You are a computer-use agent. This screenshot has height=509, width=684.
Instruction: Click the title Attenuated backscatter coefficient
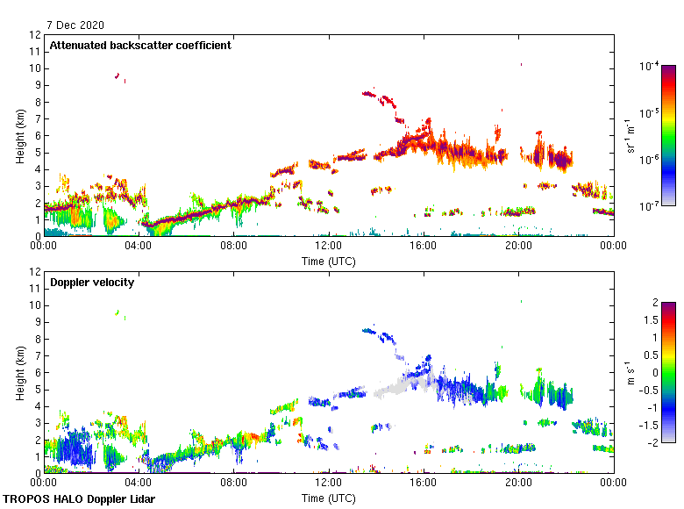point(140,46)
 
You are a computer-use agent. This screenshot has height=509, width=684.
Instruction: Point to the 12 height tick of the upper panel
point(36,35)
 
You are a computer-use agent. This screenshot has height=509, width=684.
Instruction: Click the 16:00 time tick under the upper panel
point(424,246)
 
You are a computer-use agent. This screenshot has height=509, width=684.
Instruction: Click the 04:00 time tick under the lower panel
point(139,482)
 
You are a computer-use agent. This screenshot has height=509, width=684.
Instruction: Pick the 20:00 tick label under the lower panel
point(518,482)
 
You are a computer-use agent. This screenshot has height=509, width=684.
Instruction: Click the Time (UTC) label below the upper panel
point(329,262)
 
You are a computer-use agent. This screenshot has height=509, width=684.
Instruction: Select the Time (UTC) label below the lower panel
point(329,498)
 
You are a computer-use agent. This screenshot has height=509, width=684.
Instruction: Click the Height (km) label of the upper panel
point(19,136)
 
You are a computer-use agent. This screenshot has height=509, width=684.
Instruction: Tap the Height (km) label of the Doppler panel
point(19,373)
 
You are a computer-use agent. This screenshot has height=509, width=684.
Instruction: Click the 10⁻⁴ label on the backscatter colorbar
point(650,67)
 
